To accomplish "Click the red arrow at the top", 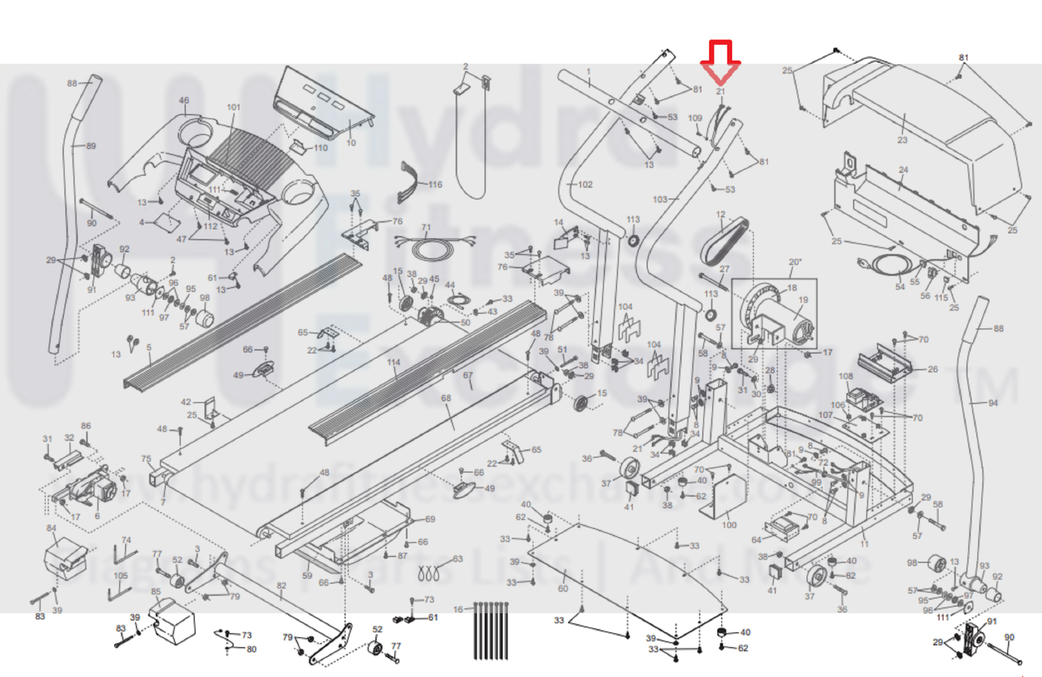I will tap(720, 62).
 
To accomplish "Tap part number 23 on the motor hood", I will tap(902, 139).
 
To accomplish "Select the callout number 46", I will tap(184, 101).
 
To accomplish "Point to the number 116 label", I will tap(435, 184).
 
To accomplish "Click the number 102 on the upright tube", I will tap(585, 184).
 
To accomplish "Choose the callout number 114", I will tap(393, 362).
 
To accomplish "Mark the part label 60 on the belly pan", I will tap(562, 588).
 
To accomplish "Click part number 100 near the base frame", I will tap(729, 525).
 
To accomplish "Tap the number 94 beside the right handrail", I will tap(992, 403).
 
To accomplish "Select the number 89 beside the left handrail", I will tap(91, 146).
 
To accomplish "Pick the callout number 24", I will tap(903, 170).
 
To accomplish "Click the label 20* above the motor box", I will tap(795, 262).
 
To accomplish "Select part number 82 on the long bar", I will tap(281, 585).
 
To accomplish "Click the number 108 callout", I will tap(845, 376).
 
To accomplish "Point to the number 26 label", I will tap(933, 369).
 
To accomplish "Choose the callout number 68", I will tap(446, 398).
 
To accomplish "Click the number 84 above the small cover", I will tap(51, 528).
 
